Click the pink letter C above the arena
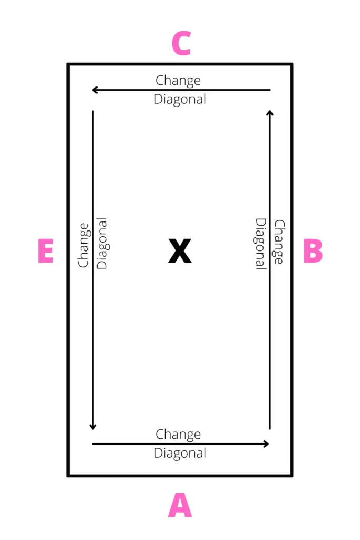point(181,43)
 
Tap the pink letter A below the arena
point(180,505)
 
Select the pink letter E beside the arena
point(46,250)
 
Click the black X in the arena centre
point(180,250)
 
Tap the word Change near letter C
point(178,81)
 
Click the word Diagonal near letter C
point(180,99)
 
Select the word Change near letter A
point(178,435)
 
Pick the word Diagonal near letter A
point(180,453)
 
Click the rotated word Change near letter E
point(84,245)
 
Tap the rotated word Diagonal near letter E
point(102,243)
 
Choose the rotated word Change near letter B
point(279,242)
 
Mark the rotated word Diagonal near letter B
point(260,244)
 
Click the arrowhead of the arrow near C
point(93,90)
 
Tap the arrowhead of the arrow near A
point(268,444)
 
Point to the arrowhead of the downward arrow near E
point(93,429)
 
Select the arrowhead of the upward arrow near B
point(270,111)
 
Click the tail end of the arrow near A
point(93,444)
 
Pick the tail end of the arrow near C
point(270,90)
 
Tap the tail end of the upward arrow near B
point(270,429)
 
